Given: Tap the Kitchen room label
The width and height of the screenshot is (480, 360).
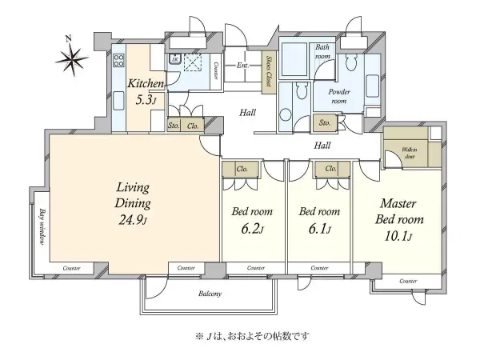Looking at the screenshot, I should (x=146, y=84).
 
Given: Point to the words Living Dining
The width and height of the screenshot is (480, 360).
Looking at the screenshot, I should (x=131, y=196).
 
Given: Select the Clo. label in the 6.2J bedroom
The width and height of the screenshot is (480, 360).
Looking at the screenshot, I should (x=242, y=170).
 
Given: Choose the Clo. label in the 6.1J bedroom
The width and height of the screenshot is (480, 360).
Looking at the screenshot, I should (x=330, y=170).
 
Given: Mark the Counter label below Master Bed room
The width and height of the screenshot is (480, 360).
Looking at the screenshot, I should (x=408, y=282).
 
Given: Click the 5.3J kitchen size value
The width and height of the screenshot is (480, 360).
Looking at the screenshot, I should (x=146, y=100).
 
